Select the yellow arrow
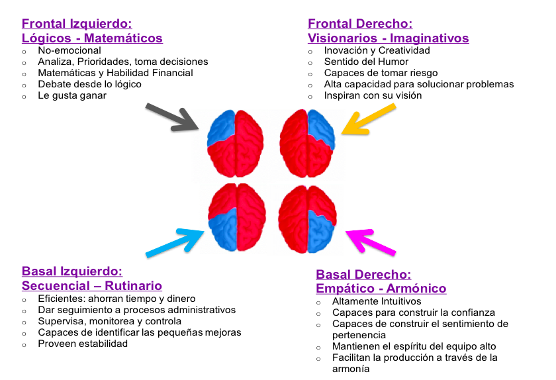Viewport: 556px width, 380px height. [361, 120]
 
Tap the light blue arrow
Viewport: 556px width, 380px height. [175, 241]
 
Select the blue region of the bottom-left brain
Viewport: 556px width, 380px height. [222, 229]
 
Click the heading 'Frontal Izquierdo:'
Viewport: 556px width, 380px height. [77, 24]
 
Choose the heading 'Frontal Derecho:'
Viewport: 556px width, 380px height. [360, 24]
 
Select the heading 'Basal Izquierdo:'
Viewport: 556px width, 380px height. [72, 271]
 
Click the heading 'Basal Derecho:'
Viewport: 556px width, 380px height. [364, 275]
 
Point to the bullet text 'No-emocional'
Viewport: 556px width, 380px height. [69, 50]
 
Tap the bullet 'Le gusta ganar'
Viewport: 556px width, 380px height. [72, 95]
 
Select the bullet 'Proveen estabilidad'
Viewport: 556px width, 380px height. [83, 344]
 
